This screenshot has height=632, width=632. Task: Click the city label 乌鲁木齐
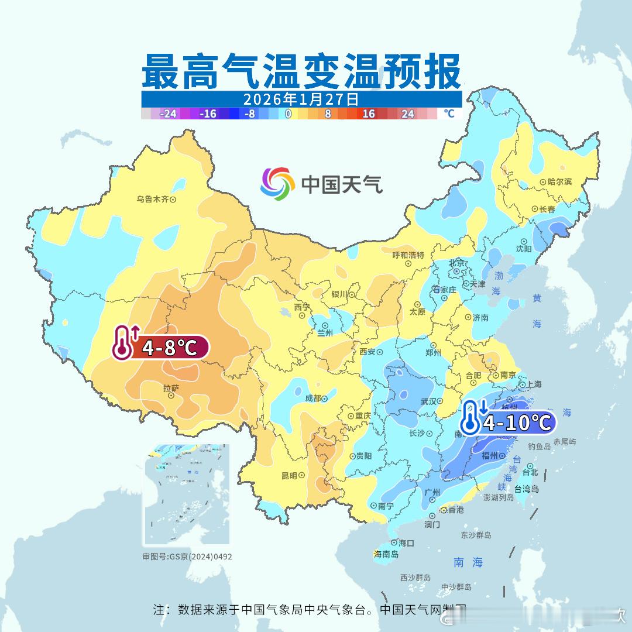[153, 199]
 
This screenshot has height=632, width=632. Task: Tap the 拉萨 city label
[171, 387]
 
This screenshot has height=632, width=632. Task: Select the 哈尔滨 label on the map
[559, 182]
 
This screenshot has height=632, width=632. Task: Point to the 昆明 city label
[289, 475]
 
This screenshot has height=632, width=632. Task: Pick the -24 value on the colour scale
[169, 114]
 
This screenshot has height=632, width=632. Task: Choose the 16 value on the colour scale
[368, 114]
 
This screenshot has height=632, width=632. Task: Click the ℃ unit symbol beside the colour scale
[448, 114]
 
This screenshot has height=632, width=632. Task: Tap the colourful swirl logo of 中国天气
[277, 184]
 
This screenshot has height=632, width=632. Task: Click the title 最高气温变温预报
[301, 71]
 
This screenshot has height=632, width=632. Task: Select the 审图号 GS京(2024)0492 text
[187, 557]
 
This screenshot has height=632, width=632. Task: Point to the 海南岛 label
[386, 554]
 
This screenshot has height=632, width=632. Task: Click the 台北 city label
[530, 472]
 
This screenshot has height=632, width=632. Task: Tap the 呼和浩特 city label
[408, 255]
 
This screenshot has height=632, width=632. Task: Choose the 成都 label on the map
[313, 398]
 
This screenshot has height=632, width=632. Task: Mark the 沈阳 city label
[524, 248]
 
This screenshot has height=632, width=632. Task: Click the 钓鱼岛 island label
[539, 446]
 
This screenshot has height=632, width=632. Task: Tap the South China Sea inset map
[187, 494]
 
